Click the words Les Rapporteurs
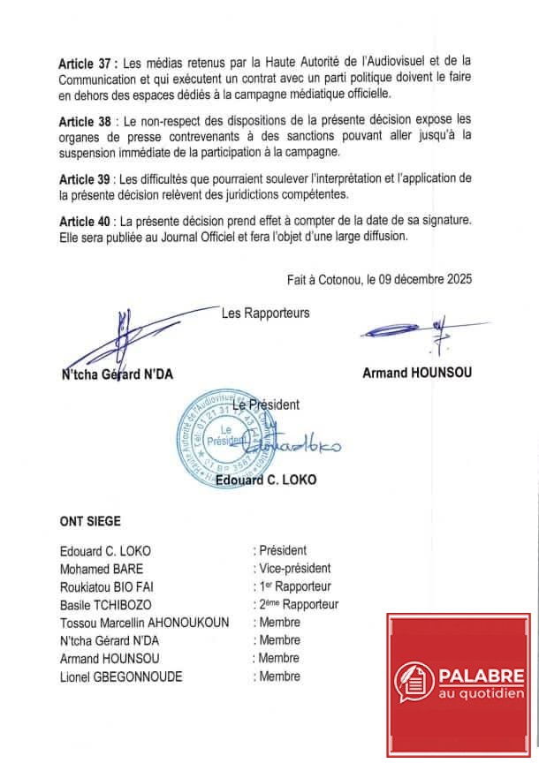265,312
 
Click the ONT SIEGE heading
90,521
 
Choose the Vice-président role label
293,568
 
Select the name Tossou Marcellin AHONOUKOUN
144,623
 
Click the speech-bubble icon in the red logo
414,682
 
